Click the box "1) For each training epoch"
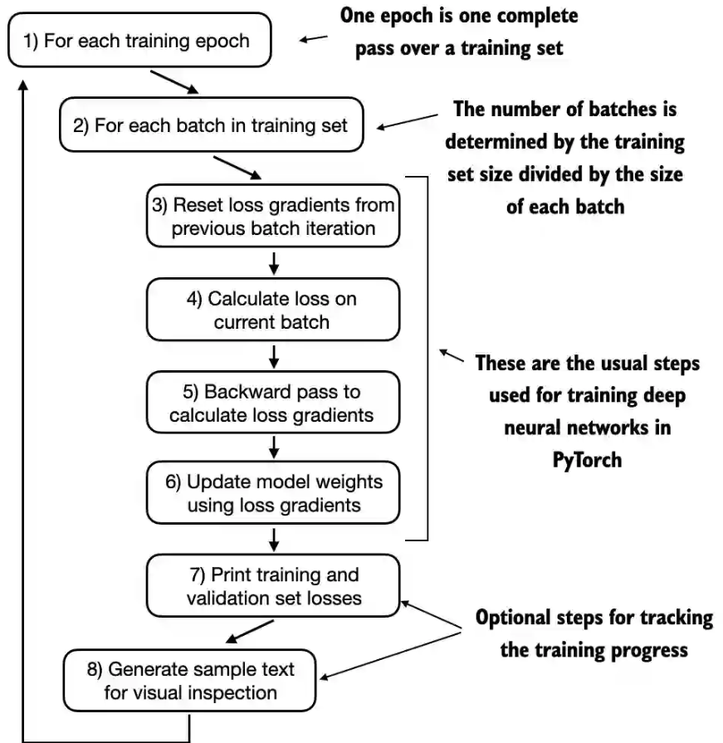click(139, 41)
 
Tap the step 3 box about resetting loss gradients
click(273, 217)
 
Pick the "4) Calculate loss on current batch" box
click(273, 310)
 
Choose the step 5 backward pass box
click(273, 403)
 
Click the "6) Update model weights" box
click(273, 492)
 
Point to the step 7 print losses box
click(273, 585)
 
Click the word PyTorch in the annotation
click(587, 459)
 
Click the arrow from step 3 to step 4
click(273, 262)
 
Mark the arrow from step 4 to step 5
click(273, 356)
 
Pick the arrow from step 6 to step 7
click(273, 541)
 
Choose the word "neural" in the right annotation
click(535, 428)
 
